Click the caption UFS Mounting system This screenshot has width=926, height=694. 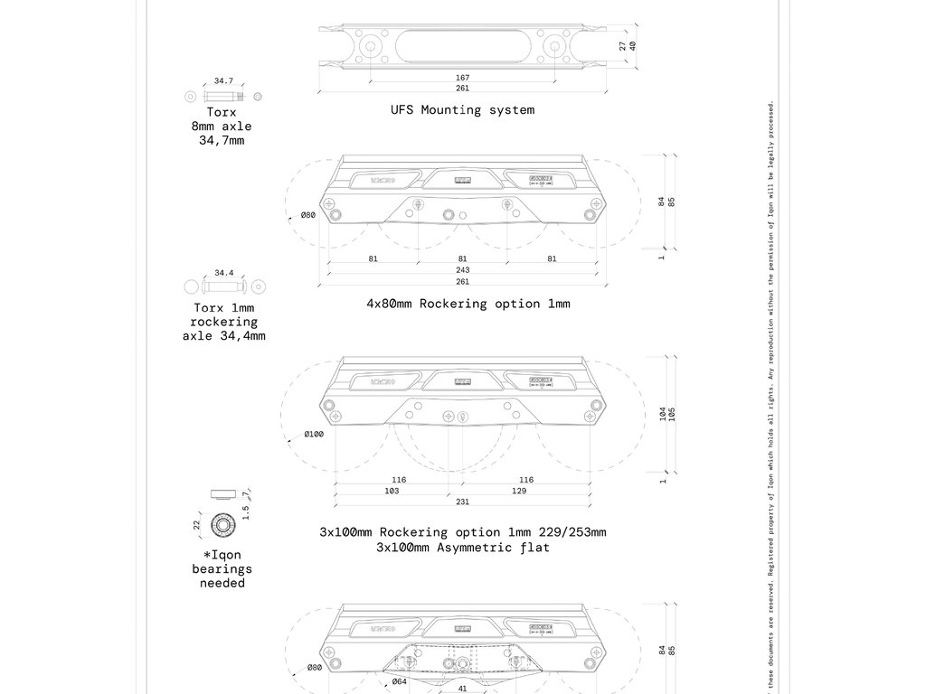(462, 110)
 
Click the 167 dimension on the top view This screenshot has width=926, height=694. (463, 78)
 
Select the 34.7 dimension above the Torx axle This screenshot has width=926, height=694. (223, 81)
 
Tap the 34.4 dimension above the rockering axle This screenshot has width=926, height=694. (223, 273)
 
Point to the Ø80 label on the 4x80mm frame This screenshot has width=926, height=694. (307, 215)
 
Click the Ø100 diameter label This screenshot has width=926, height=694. (313, 435)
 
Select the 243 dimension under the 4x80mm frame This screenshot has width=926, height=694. (463, 270)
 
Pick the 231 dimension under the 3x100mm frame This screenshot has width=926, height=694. (463, 502)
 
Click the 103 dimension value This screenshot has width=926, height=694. (392, 491)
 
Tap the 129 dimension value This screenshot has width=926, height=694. (518, 491)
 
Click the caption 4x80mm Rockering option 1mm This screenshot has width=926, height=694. (468, 304)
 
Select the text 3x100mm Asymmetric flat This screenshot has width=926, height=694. (462, 548)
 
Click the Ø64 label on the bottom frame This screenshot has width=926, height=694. (399, 682)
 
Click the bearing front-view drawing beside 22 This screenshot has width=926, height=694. (222, 524)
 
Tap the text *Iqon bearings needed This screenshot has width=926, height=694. (222, 569)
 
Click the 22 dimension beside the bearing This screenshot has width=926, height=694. (197, 524)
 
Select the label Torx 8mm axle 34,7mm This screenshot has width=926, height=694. (222, 127)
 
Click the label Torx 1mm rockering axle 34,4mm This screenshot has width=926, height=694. (223, 322)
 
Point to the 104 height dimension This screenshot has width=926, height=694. (663, 414)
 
